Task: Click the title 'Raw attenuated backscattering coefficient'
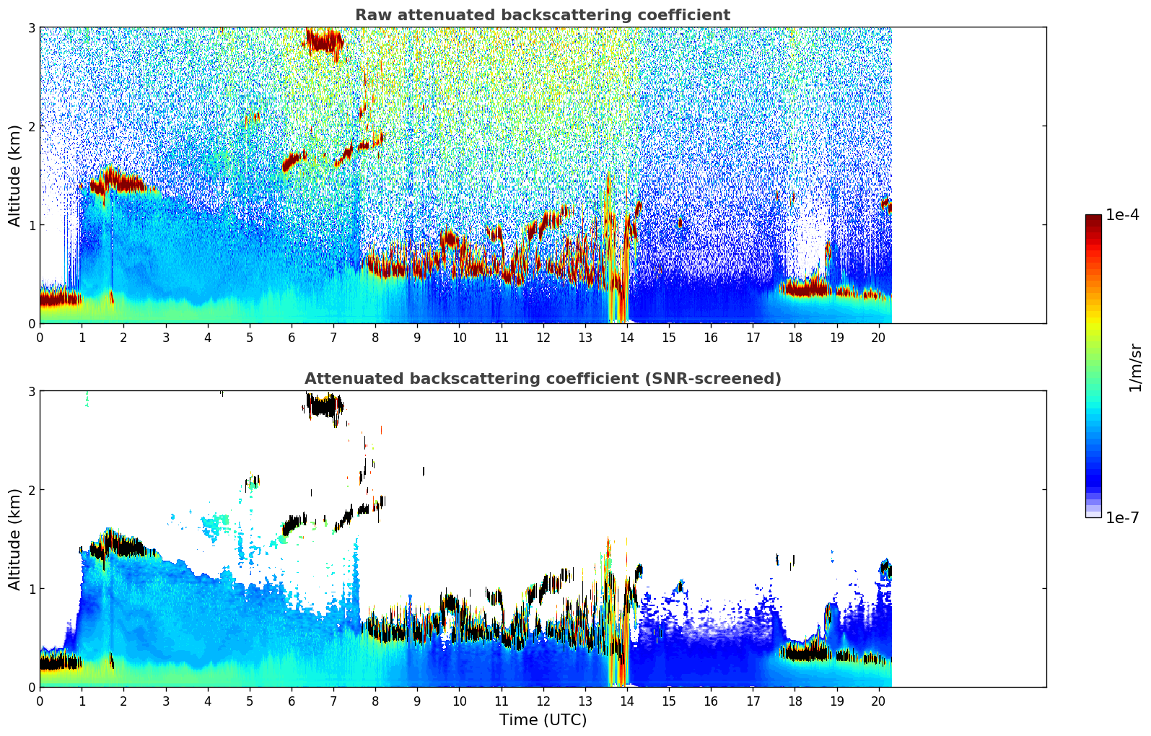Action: tap(542, 15)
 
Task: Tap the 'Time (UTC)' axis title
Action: tap(543, 720)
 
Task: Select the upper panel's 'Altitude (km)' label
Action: tap(15, 175)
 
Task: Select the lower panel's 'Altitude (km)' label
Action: tap(15, 539)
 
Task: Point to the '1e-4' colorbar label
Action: tap(1122, 215)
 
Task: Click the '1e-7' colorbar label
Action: tap(1122, 517)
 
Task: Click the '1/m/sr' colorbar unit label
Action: tap(1135, 368)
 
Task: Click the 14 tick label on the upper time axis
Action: tap(626, 338)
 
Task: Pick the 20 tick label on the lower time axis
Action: tap(878, 701)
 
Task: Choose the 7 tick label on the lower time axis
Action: tap(333, 701)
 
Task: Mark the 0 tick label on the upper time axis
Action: tap(40, 338)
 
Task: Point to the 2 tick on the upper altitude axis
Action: tap(31, 126)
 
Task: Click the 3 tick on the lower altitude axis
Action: tap(31, 391)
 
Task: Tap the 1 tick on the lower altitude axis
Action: tap(31, 589)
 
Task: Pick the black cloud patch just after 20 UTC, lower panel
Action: tap(885, 570)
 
